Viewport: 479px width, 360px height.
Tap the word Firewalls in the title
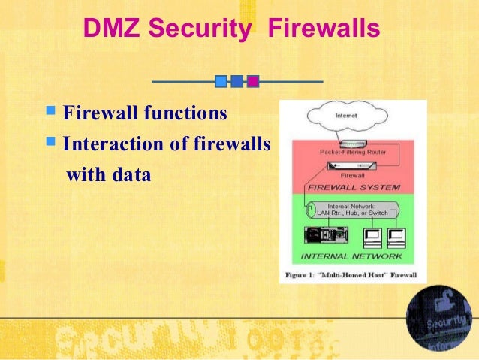pyautogui.click(x=324, y=29)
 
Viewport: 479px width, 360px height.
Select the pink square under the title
pyautogui.click(x=253, y=80)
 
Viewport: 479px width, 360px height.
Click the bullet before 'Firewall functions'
pyautogui.click(x=52, y=114)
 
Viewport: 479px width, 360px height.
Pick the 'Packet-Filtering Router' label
pyautogui.click(x=353, y=152)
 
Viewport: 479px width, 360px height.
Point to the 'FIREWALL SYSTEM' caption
pyautogui.click(x=353, y=187)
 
